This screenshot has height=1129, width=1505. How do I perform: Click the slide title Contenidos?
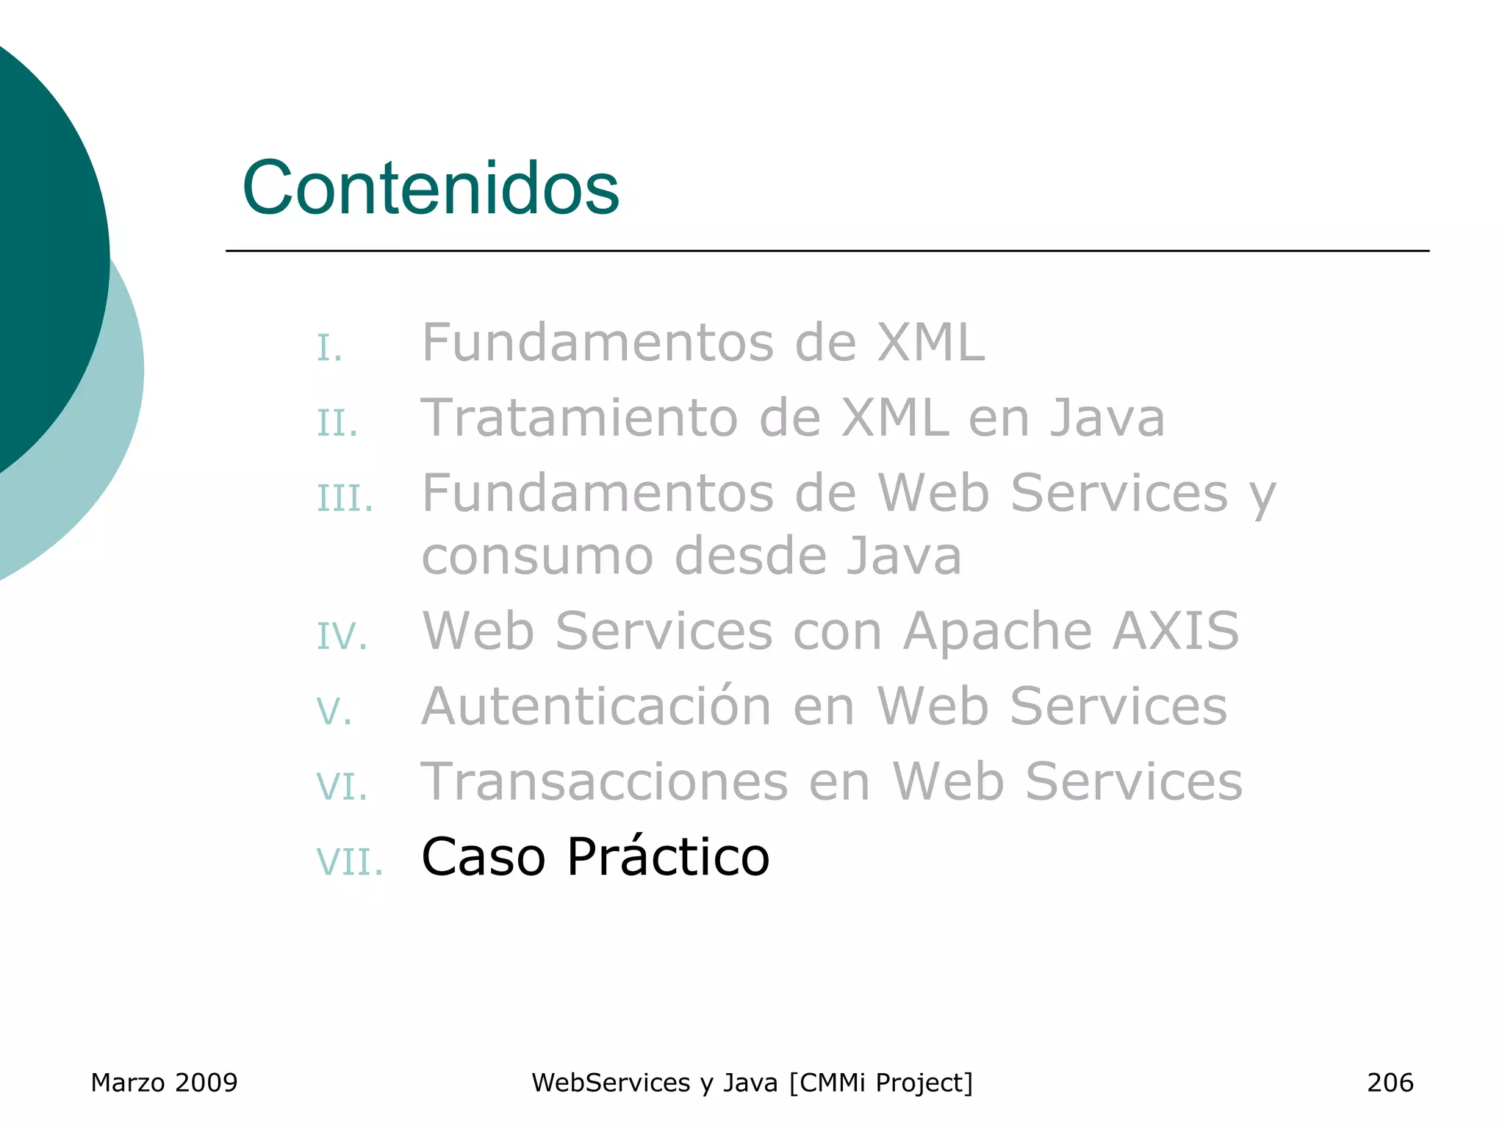coord(431,188)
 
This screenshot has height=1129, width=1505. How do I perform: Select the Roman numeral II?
coord(337,423)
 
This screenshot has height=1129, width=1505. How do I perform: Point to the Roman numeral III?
coord(345,498)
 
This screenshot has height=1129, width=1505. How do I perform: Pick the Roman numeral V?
coord(334,712)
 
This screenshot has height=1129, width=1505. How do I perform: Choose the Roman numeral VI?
coord(342,786)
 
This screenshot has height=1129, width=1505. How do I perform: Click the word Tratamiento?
coord(579,417)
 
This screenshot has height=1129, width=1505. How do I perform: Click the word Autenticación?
coord(596,706)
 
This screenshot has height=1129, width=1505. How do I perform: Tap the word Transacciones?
coord(604,781)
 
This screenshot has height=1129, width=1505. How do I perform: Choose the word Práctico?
coord(668,857)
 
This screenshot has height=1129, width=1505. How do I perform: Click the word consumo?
coord(537,556)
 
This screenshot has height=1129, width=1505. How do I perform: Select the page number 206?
coord(1390,1083)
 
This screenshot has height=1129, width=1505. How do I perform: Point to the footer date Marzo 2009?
coord(164,1083)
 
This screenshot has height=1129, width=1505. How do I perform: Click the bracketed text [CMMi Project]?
coord(880,1083)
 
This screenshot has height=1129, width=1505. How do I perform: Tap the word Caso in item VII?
coord(483,857)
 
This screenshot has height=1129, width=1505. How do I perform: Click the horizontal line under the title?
coord(827,251)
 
